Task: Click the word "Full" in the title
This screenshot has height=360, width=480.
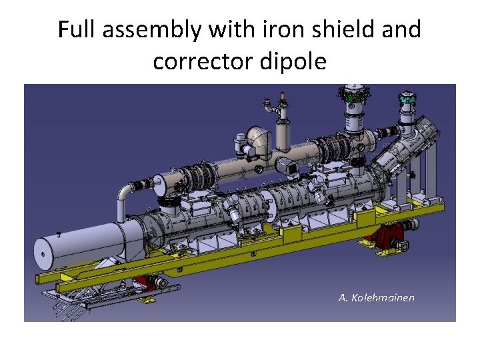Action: click(x=76, y=29)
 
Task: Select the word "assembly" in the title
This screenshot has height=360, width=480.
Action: click(x=152, y=31)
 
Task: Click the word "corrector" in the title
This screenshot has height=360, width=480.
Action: click(x=203, y=61)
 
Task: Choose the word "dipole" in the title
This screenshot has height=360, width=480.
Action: click(x=293, y=61)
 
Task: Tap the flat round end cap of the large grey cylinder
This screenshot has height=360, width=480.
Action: click(x=43, y=254)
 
